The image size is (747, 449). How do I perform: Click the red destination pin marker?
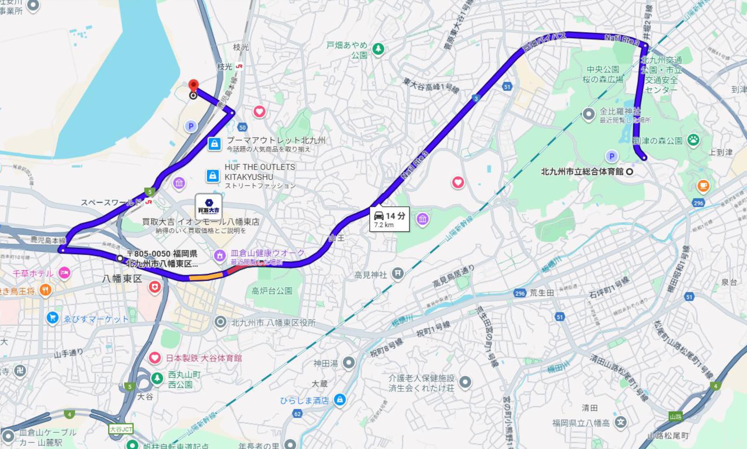pos(193,84)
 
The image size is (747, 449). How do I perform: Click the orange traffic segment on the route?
pos(206,276)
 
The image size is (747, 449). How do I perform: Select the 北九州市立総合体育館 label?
pos(582,172)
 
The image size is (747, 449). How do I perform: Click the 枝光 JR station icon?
pos(240,66)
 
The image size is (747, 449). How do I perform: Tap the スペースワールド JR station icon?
pos(148,202)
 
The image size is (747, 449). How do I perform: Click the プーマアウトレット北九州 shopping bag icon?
pos(214,144)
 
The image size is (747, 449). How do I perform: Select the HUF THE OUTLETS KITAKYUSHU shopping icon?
pos(212,176)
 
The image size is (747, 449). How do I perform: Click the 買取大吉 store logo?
pos(209,206)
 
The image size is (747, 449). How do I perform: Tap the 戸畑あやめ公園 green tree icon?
pos(378,49)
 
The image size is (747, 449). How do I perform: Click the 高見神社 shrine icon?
pos(398,273)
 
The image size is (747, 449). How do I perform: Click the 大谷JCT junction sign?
pos(121,429)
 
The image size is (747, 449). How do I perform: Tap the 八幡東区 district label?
pos(122,279)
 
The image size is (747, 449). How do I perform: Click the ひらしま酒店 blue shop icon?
pos(339,400)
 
